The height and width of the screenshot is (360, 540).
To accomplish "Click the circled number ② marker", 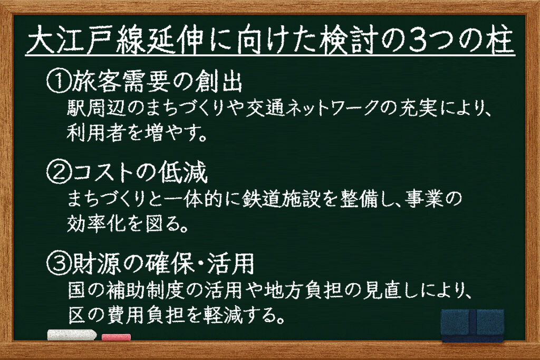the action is pos(57,173).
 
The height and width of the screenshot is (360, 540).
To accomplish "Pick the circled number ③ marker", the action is pos(57,264).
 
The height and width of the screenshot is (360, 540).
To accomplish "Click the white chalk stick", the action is pos(72,335).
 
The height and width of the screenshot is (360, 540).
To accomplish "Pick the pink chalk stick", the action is pos(116,337).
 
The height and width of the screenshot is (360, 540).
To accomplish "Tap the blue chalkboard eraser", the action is pos(472,325).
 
